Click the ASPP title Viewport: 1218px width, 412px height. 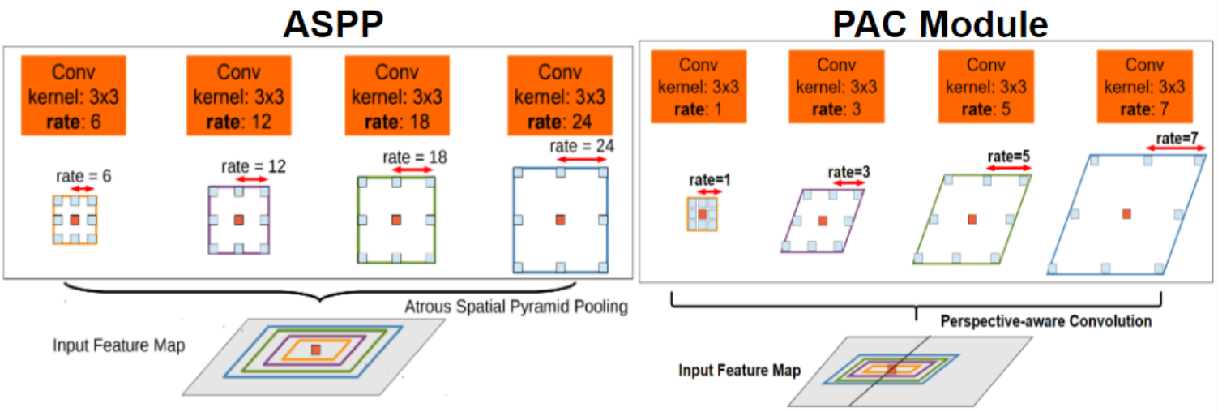click(x=331, y=24)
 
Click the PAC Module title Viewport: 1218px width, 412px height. click(x=940, y=24)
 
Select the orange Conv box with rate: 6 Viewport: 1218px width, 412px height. click(x=73, y=96)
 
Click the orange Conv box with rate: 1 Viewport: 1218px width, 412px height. click(x=699, y=87)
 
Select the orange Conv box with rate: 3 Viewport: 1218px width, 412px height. click(x=836, y=86)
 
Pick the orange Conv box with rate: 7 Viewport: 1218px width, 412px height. click(x=1144, y=86)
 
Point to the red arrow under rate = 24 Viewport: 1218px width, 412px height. click(x=579, y=162)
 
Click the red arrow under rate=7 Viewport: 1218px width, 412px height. click(x=1173, y=148)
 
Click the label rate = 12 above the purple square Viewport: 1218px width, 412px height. click(x=253, y=166)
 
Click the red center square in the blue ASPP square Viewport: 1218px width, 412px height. click(x=559, y=219)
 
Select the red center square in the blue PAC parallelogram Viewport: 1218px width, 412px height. click(x=1126, y=213)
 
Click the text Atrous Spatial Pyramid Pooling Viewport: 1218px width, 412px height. click(x=516, y=308)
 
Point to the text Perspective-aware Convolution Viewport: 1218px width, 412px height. click(x=1045, y=322)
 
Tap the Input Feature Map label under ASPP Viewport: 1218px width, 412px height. click(x=119, y=345)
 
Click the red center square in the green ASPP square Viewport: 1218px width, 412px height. click(x=395, y=219)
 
